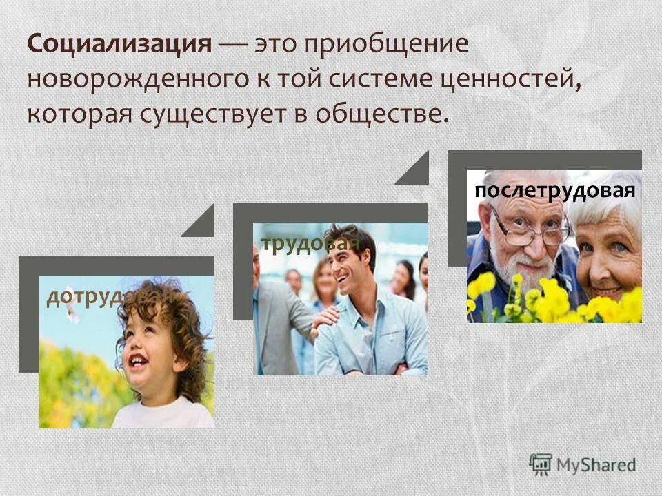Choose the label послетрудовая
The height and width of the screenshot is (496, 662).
pos(554,190)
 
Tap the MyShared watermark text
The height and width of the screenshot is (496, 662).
pos(598,465)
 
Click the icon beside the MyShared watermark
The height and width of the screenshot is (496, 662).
pos(541,463)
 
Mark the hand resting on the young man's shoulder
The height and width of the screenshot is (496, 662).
pos(325,317)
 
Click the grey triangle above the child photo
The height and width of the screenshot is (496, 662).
pos(200,223)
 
